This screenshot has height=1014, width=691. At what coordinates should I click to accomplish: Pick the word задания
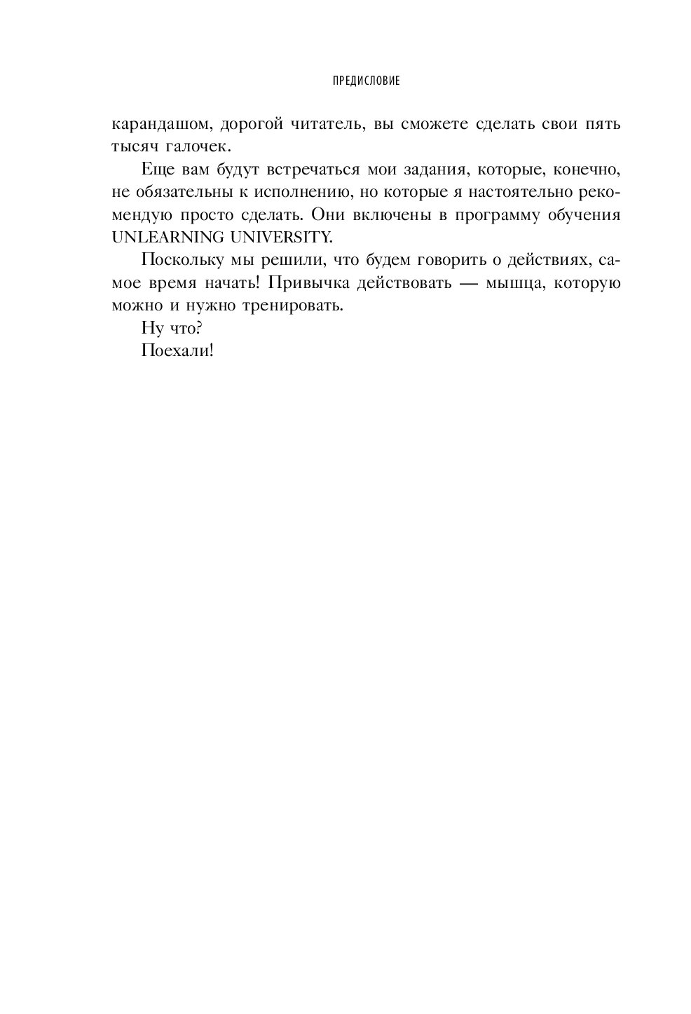click(x=439, y=170)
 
